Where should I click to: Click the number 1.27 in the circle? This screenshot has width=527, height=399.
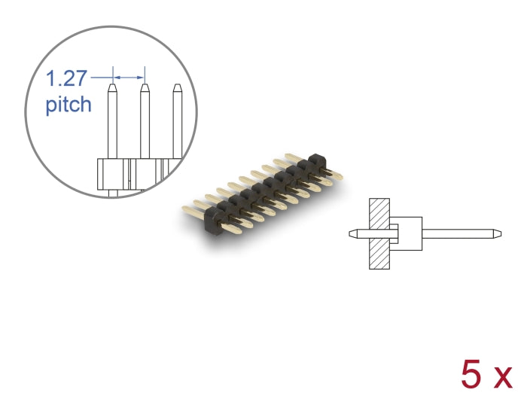66,78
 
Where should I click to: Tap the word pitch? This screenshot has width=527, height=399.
69,104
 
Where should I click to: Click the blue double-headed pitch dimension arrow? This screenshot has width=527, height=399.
128,76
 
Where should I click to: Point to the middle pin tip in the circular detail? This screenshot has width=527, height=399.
145,89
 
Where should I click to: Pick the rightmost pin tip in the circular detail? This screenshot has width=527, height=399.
177,89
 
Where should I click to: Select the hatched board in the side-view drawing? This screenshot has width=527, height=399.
379,233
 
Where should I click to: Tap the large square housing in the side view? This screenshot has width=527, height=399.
407,233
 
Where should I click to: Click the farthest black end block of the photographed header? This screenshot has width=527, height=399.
315,161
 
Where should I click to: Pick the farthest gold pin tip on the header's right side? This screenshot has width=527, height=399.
340,178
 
